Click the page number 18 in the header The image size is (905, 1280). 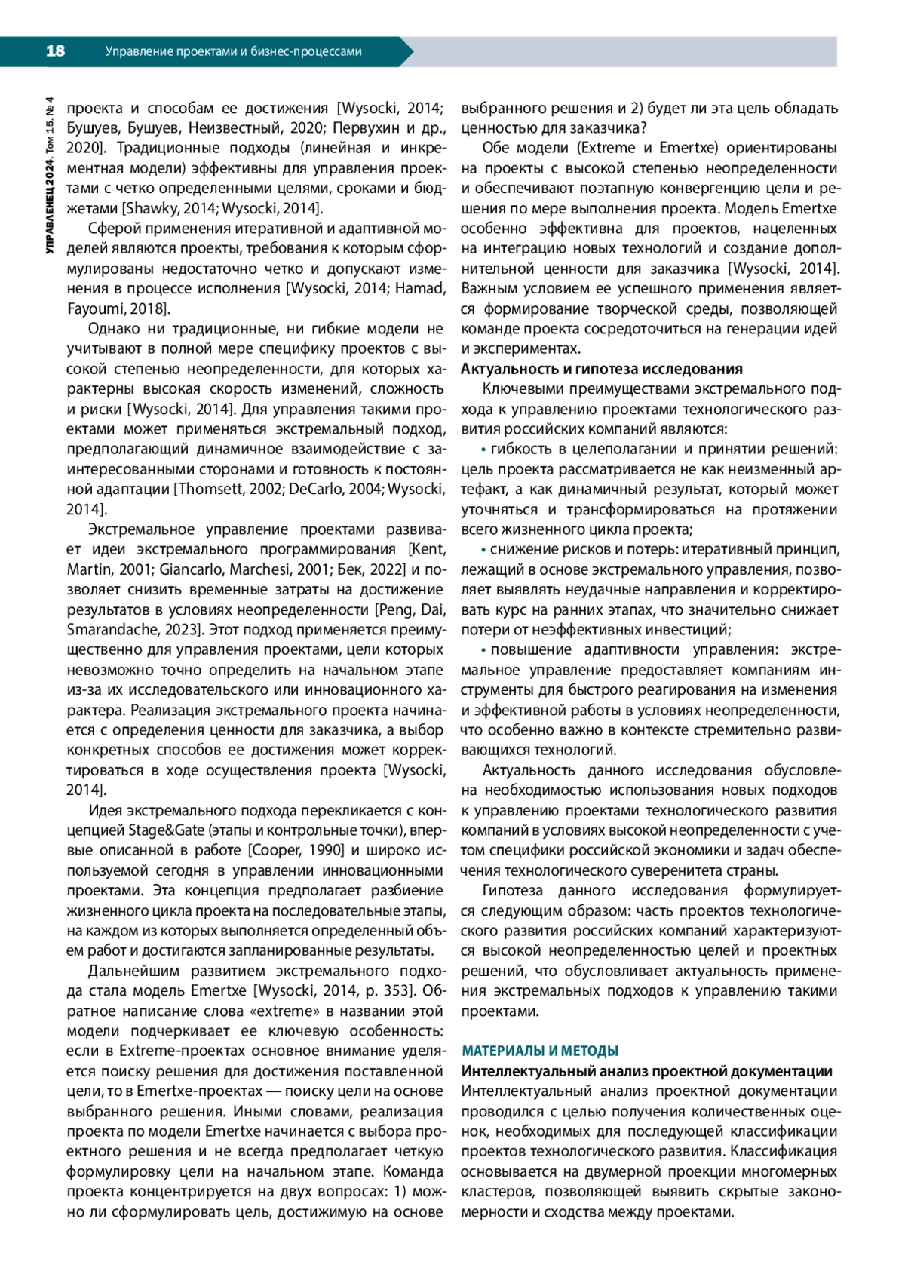pos(55,51)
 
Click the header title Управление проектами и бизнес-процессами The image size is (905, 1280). pos(233,51)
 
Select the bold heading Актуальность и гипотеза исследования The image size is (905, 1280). pos(601,369)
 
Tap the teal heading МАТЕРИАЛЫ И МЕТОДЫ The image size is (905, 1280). pos(539,1051)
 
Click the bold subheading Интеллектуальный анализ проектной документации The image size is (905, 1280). pos(646,1071)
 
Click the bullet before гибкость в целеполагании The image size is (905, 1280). pos(484,450)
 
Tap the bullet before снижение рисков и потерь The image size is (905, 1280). pos(484,550)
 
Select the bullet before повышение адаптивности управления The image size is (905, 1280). pos(484,650)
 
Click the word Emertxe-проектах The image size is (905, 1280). pos(199,1091)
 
